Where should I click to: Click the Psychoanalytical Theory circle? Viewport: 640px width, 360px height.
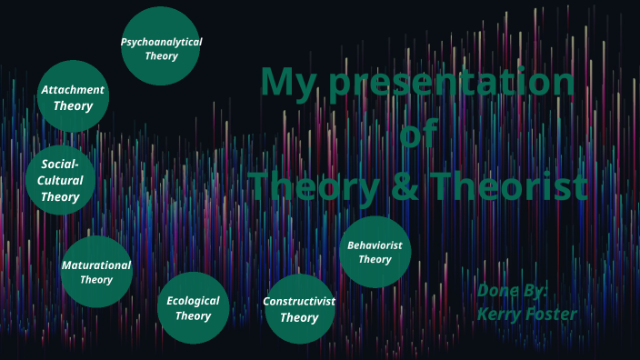pyautogui.click(x=161, y=45)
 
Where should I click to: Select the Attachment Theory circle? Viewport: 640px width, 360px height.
pyautogui.click(x=73, y=96)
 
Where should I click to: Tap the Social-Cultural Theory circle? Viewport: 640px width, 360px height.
pyautogui.click(x=60, y=180)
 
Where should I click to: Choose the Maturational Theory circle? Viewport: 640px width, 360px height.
pyautogui.click(x=95, y=272)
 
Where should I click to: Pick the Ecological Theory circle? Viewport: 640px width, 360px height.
pyautogui.click(x=193, y=307)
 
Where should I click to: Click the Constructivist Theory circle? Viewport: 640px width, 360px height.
pyautogui.click(x=299, y=309)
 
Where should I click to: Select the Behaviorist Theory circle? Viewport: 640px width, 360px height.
pyautogui.click(x=375, y=252)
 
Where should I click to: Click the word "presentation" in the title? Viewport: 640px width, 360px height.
pyautogui.click(x=453, y=84)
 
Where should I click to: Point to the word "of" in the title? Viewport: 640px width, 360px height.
pyautogui.click(x=418, y=135)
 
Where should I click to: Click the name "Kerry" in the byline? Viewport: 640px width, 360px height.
pyautogui.click(x=501, y=314)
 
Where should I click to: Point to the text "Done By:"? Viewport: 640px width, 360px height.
pyautogui.click(x=513, y=291)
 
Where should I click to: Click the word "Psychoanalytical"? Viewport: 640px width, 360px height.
pyautogui.click(x=161, y=42)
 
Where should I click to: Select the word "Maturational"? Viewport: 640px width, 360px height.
pyautogui.click(x=95, y=265)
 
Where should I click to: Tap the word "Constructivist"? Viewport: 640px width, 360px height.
pyautogui.click(x=299, y=301)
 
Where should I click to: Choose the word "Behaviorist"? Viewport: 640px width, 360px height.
pyautogui.click(x=375, y=245)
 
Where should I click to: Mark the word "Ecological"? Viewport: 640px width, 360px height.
pyautogui.click(x=193, y=300)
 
